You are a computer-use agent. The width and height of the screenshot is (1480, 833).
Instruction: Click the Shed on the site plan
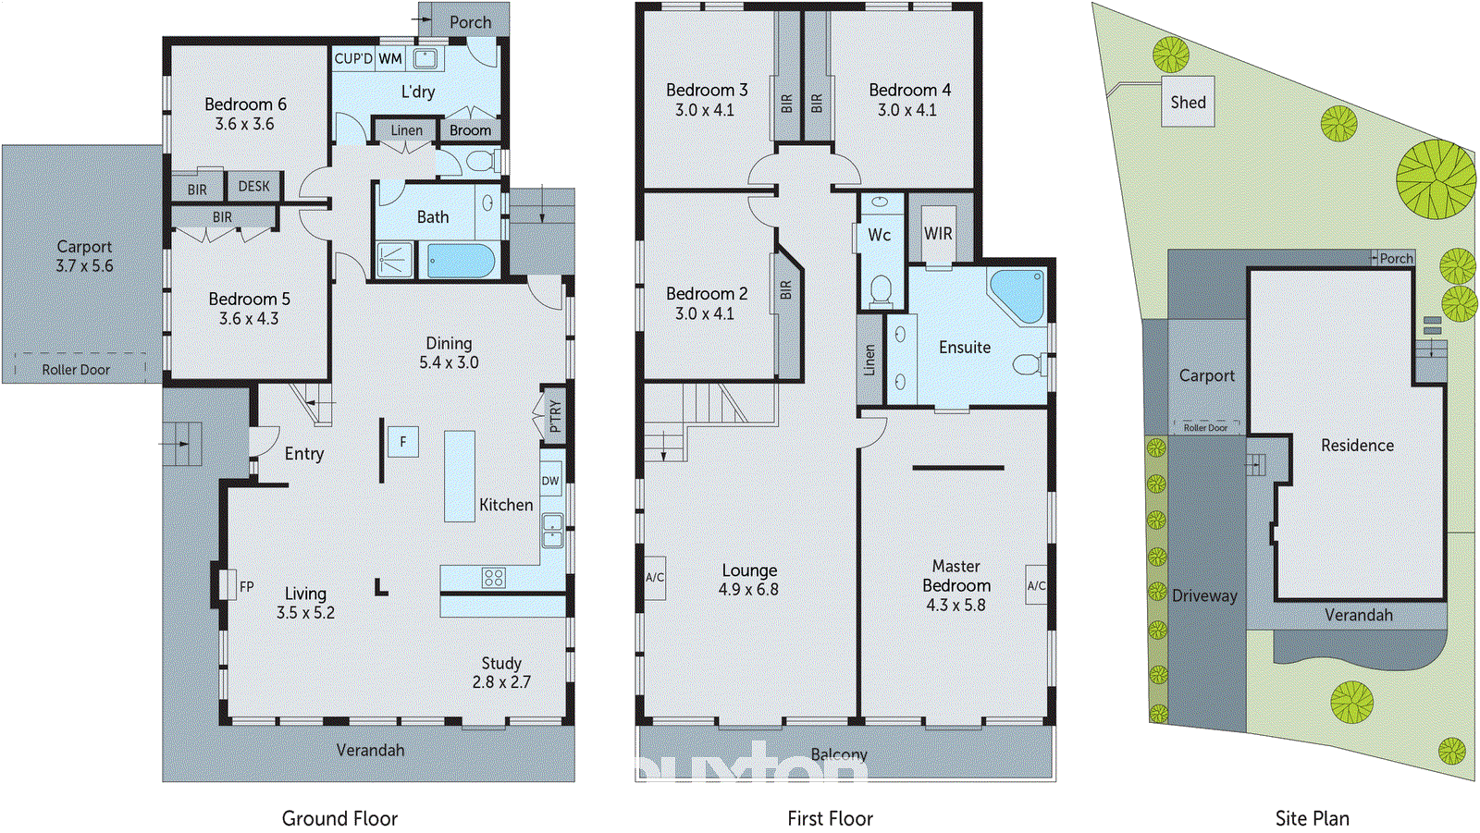[x=1188, y=102]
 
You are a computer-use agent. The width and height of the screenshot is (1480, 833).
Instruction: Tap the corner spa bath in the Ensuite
[x=1018, y=294]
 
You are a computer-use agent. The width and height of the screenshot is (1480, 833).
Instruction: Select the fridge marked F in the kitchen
[x=403, y=442]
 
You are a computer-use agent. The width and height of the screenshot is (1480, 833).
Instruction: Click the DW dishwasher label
[x=550, y=481]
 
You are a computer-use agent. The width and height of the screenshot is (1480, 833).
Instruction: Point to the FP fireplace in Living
[x=228, y=586]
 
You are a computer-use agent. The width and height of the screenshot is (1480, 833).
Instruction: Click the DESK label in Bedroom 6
[x=254, y=187]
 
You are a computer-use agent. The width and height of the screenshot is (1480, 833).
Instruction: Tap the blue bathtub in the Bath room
[x=460, y=260]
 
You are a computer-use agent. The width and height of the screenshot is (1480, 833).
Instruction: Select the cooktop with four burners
[x=493, y=578]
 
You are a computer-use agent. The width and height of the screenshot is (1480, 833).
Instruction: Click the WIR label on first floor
[x=938, y=234]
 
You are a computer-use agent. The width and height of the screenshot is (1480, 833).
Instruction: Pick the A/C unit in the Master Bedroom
[x=1036, y=585]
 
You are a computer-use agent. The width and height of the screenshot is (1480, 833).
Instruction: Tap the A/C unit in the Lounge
[x=655, y=578]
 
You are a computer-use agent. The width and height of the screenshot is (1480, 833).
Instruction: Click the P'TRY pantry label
[x=554, y=415]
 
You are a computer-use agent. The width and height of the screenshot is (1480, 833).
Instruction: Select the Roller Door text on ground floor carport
[x=76, y=370]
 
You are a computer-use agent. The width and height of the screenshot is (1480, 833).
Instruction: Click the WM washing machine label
[x=390, y=59]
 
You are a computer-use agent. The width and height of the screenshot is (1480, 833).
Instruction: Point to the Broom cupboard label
[x=470, y=130]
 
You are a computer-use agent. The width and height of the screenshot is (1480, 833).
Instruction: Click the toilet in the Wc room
[x=880, y=290]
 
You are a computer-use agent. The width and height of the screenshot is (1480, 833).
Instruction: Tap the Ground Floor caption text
[x=339, y=818]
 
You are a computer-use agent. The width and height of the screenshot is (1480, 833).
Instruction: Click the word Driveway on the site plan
[x=1204, y=596]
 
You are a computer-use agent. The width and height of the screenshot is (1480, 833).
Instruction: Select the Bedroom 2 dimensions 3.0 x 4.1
[x=705, y=313]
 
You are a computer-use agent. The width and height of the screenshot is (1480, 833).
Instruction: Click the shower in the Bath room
[x=395, y=260]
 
